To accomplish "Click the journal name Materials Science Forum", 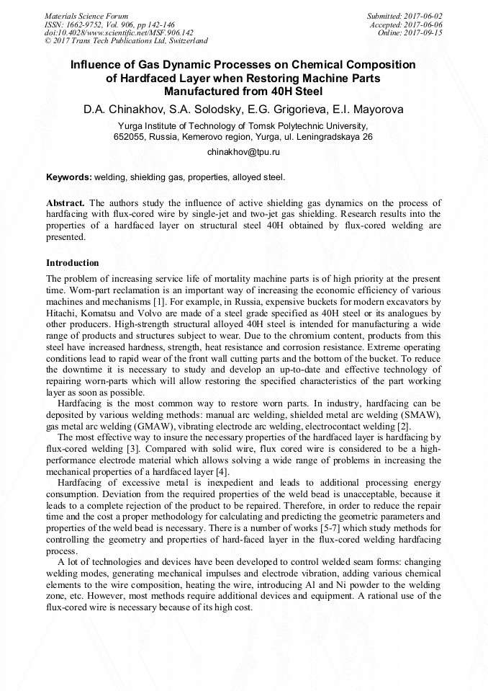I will (x=86, y=15).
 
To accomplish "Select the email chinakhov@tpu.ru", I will (x=243, y=153).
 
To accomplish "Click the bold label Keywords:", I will (x=68, y=177).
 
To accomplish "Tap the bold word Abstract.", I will (x=66, y=204).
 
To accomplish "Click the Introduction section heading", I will (x=73, y=263).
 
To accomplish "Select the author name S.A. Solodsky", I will (x=202, y=110).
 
